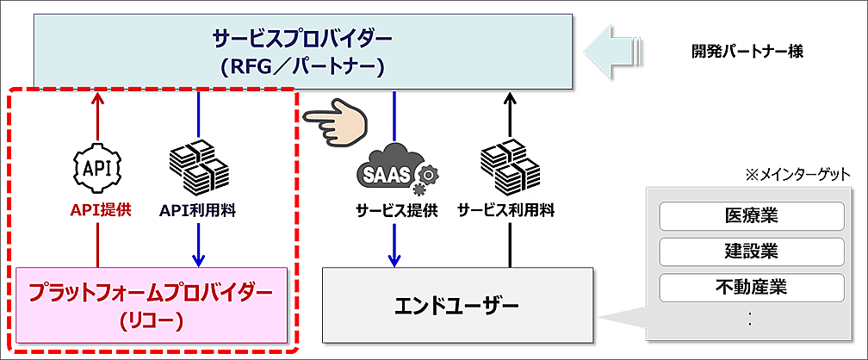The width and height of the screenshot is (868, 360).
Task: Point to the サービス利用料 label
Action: point(505,209)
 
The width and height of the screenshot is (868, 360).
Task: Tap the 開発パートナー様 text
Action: point(747,51)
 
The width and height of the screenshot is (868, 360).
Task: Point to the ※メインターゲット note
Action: point(799,175)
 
